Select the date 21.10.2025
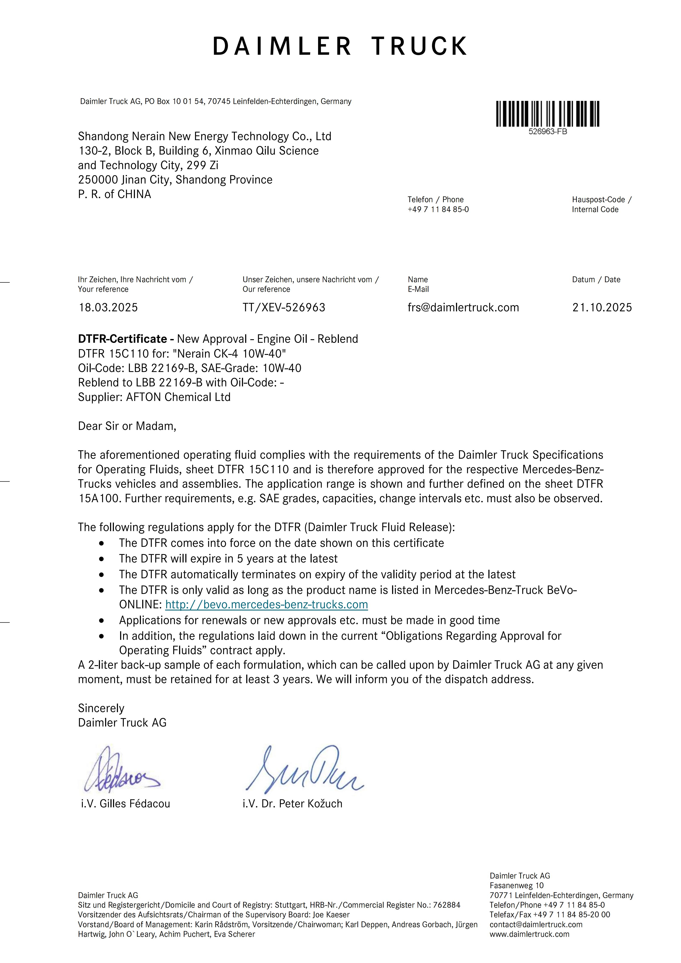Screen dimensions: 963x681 click(x=602, y=307)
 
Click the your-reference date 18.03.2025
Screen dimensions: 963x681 click(x=108, y=307)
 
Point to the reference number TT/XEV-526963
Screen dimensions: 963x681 click(x=284, y=307)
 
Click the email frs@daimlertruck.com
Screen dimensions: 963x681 click(x=463, y=307)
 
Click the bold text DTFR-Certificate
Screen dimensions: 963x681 click(x=122, y=339)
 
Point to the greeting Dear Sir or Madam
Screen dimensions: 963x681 click(x=127, y=426)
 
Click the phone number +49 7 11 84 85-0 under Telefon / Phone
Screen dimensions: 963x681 click(x=438, y=209)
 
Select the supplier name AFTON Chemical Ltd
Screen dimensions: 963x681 click(x=178, y=397)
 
